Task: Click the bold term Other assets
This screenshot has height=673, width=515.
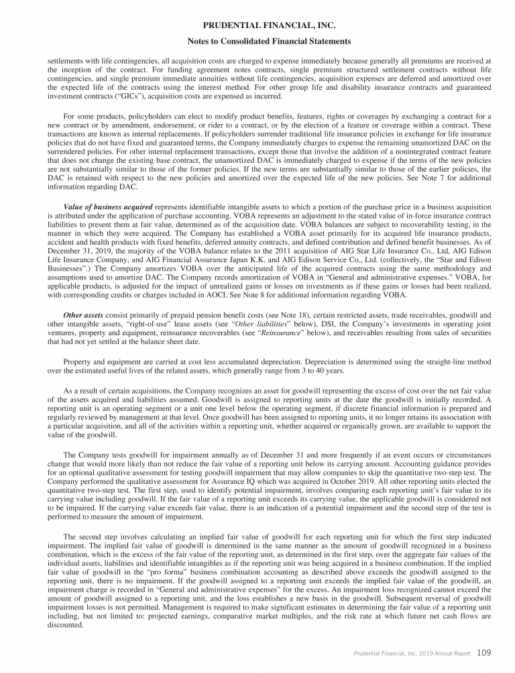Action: pos(84,314)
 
